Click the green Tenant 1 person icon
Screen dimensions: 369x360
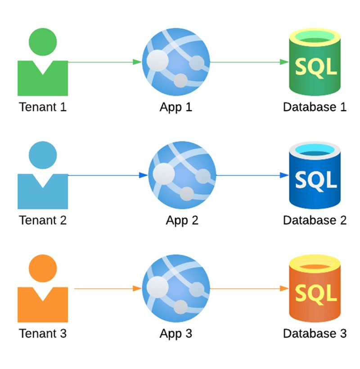pyautogui.click(x=43, y=67)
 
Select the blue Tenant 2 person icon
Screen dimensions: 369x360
pyautogui.click(x=43, y=180)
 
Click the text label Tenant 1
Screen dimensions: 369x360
pyautogui.click(x=43, y=108)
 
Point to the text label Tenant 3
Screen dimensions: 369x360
pyautogui.click(x=43, y=333)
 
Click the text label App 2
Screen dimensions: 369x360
pyautogui.click(x=182, y=220)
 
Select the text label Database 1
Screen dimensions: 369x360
pyautogui.click(x=315, y=108)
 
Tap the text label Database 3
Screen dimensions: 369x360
pyautogui.click(x=315, y=333)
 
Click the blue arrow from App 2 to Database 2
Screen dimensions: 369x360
pyautogui.click(x=252, y=175)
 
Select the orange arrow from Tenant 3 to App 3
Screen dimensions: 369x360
pyautogui.click(x=108, y=288)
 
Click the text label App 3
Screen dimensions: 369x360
pyautogui.click(x=176, y=333)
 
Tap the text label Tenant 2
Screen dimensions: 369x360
pyautogui.click(x=43, y=220)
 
